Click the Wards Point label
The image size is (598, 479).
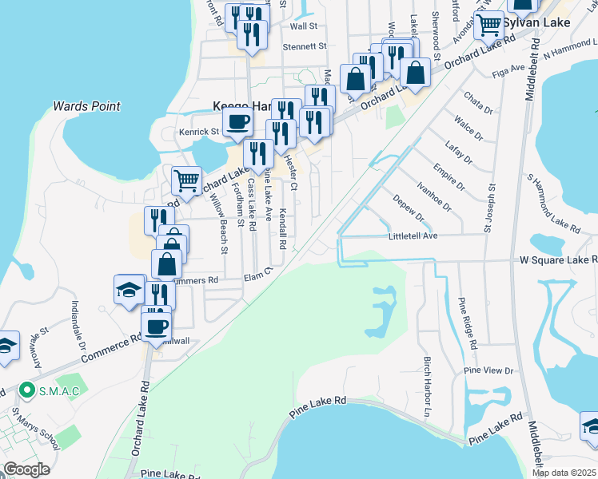point(86,106)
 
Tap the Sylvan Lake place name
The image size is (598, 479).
point(537,22)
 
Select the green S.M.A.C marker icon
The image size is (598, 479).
point(27,390)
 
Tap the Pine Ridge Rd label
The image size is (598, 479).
point(468,324)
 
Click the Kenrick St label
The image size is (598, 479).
point(199,131)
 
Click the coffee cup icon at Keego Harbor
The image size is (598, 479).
point(237,122)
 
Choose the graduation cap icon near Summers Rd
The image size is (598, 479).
point(129,290)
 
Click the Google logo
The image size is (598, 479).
point(26,469)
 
